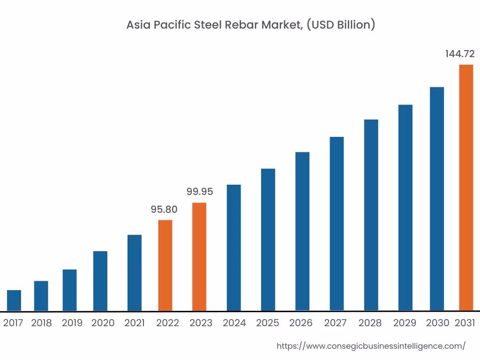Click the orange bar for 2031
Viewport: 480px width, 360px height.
(466, 187)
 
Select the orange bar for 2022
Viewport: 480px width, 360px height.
(165, 265)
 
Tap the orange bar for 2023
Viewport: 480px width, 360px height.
(199, 256)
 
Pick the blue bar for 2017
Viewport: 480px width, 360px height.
(14, 300)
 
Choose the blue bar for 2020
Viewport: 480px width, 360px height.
(100, 281)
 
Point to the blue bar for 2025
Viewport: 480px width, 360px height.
(268, 240)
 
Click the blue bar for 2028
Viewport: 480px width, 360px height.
(371, 215)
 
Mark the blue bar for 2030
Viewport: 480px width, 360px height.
(437, 199)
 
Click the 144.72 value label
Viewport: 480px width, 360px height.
(460, 54)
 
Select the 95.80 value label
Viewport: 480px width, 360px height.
(164, 210)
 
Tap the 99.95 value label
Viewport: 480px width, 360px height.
(200, 192)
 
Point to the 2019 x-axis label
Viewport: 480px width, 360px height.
(72, 323)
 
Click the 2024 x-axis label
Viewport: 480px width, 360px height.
(234, 323)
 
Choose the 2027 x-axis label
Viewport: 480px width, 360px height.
(335, 323)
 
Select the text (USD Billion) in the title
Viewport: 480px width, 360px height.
(341, 25)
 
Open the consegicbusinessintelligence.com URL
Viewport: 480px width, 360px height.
(371, 346)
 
